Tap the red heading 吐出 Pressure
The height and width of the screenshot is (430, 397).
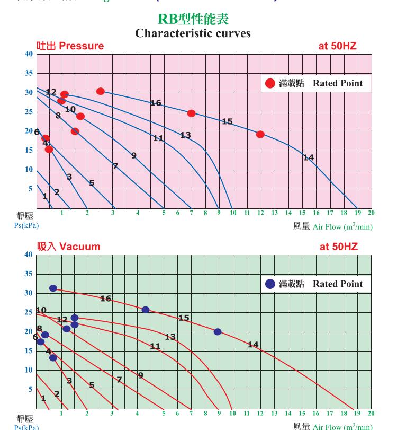coord(70,46)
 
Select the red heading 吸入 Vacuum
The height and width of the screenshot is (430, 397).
coord(68,247)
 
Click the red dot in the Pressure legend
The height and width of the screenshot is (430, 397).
coord(270,83)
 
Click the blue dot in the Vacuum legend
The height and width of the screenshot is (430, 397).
coord(270,284)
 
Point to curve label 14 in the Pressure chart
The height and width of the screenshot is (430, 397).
coord(308,157)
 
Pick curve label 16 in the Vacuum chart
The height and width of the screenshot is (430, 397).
coord(105,299)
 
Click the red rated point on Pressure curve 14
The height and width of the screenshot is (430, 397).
coord(260,135)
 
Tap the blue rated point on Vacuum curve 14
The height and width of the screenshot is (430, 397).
coord(218,332)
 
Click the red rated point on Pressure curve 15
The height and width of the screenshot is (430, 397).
coord(191,113)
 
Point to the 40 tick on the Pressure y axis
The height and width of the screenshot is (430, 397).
coord(29,54)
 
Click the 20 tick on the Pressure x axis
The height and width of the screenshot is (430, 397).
coord(371,213)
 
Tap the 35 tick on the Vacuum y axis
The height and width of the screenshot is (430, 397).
coord(29,274)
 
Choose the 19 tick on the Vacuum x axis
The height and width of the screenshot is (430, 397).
coord(357,414)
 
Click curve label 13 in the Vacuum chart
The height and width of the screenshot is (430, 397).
coord(170,337)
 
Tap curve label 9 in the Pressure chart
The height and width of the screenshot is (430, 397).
coord(134,155)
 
